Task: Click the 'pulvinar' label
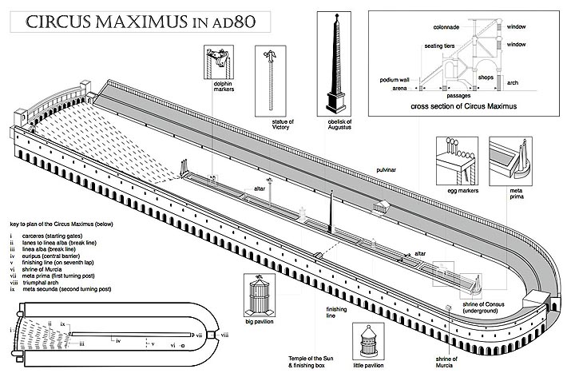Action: click(x=389, y=171)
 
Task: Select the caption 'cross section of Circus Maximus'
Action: click(x=463, y=105)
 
